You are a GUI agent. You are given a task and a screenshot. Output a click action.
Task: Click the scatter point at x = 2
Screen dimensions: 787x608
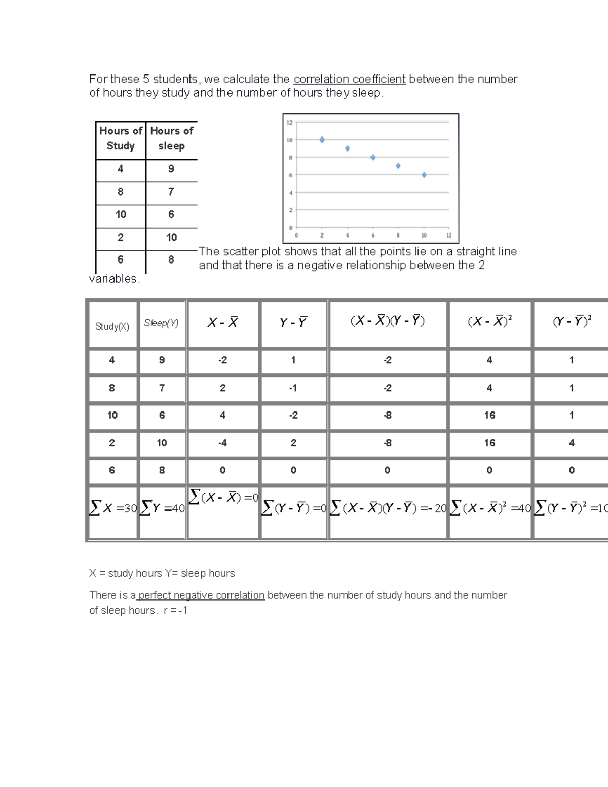pos(322,139)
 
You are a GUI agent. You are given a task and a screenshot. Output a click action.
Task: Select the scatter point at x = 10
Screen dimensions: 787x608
pos(424,175)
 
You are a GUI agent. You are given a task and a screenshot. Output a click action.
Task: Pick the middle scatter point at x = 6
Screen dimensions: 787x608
pos(373,157)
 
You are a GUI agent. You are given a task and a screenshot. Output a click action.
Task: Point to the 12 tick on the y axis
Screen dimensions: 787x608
pos(290,122)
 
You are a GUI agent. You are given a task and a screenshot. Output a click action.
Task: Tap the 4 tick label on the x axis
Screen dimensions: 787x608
pos(348,236)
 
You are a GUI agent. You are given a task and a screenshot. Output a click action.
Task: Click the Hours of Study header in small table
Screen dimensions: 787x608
pos(121,138)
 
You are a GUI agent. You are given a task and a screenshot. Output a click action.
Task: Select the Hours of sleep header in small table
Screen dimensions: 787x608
pos(171,138)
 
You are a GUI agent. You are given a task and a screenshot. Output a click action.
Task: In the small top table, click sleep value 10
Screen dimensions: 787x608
pos(171,237)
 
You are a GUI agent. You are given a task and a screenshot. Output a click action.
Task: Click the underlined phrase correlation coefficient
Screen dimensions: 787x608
pos(350,79)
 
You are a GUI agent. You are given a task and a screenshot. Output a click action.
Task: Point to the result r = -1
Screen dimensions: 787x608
pos(175,611)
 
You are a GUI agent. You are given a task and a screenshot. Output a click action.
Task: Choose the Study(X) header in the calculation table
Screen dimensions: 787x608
pos(112,327)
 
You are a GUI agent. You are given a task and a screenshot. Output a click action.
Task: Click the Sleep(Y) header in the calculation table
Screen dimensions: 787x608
pos(162,323)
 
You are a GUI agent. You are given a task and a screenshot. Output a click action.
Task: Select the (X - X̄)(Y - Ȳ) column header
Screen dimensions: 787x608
pos(388,321)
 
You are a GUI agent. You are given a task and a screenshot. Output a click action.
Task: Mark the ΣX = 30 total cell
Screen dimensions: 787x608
pos(113,508)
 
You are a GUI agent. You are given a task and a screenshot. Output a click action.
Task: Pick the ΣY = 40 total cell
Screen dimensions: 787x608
pos(162,508)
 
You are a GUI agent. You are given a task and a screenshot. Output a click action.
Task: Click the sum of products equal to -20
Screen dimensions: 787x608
pos(388,508)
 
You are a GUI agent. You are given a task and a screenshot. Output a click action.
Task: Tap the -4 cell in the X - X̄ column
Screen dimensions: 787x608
pos(222,443)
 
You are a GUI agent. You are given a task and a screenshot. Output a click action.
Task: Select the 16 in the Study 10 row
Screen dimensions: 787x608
pos(489,415)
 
